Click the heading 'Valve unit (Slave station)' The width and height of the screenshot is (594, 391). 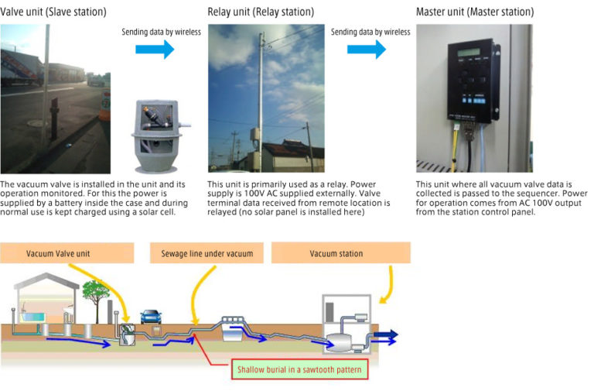pos(53,12)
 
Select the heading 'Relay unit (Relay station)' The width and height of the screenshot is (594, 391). pos(261,12)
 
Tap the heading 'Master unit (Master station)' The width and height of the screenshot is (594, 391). pos(475,12)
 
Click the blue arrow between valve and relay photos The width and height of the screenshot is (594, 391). pos(155,50)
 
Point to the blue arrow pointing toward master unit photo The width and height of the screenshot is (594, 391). pos(366,50)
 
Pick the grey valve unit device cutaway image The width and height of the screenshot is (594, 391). pos(156,136)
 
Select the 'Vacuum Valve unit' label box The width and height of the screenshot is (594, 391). pos(59,253)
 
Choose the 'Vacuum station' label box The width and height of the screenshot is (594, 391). pos(336,253)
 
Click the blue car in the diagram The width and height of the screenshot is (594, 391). pos(151,317)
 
